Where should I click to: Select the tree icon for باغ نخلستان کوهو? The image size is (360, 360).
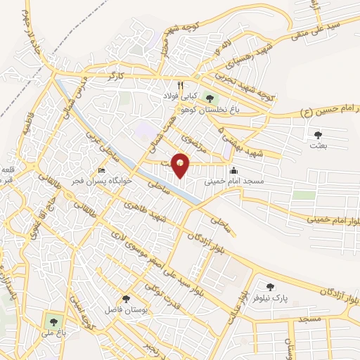click(x=207, y=98)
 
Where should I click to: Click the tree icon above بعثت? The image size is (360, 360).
click(x=318, y=134)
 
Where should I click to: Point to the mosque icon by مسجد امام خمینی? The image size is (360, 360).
click(x=233, y=169)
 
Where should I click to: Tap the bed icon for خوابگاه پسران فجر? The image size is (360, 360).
click(x=102, y=171)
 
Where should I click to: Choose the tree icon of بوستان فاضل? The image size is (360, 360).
click(x=127, y=299)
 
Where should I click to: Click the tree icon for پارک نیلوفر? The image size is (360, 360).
click(x=270, y=287)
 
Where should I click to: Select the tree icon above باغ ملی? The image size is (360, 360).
click(x=50, y=321)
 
